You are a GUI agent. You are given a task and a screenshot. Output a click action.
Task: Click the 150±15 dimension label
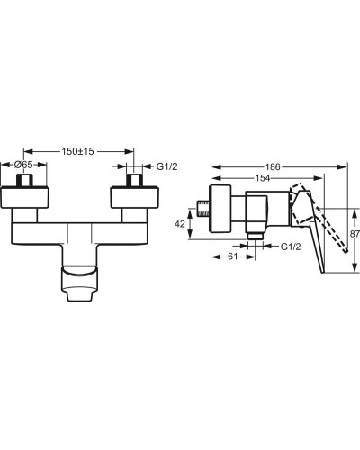(77, 151)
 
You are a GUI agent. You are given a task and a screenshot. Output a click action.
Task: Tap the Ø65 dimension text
(23, 165)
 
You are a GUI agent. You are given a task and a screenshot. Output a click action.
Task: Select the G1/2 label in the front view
(166, 166)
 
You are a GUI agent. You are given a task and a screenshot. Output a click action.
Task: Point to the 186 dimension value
(273, 166)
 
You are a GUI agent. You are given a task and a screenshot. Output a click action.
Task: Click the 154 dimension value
(263, 178)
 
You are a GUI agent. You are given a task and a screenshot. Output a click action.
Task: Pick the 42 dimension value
(180, 224)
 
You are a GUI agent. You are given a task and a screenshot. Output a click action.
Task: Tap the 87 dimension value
(355, 234)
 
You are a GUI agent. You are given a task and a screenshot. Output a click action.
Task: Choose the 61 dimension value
(233, 256)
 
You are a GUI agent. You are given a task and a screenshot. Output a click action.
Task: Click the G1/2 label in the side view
(291, 247)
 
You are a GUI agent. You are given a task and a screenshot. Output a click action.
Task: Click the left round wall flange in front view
(24, 197)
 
